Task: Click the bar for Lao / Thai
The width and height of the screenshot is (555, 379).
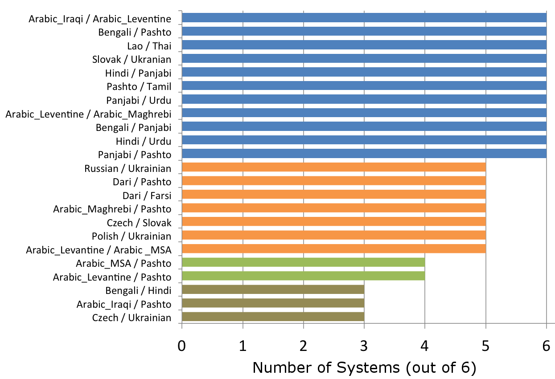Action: (364, 45)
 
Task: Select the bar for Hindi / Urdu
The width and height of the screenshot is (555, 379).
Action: (364, 140)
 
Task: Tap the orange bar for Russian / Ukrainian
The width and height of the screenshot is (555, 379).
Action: (333, 167)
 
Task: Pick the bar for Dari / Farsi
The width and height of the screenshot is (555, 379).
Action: (333, 195)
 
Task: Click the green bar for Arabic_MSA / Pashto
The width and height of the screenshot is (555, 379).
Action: (303, 262)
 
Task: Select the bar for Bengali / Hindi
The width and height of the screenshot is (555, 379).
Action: (273, 290)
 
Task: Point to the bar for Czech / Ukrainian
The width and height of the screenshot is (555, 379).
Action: (273, 317)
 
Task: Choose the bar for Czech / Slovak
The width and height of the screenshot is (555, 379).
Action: (333, 222)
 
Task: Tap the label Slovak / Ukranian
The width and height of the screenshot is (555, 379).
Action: (132, 60)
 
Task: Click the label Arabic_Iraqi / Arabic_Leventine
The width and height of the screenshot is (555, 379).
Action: (100, 19)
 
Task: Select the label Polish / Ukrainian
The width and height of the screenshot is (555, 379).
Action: (132, 236)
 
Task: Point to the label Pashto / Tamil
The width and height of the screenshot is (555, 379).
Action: (139, 86)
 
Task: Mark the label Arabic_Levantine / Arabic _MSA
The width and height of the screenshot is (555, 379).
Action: (99, 250)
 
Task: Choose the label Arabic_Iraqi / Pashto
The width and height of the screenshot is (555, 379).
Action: (123, 304)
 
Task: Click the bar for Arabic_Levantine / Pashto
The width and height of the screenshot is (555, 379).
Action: (303, 276)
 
